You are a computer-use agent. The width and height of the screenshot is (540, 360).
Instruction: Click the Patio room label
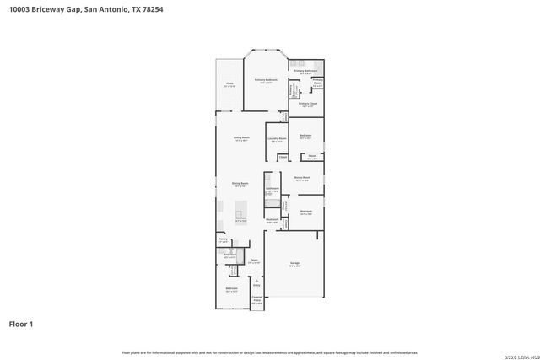click(229, 84)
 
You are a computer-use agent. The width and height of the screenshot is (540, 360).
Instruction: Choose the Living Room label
click(241, 138)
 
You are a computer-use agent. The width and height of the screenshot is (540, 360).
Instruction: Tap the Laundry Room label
click(277, 138)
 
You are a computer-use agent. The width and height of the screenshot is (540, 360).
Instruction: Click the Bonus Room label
click(302, 179)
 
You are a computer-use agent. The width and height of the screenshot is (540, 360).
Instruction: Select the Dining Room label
click(240, 184)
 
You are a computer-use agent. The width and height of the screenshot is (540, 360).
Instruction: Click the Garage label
click(295, 264)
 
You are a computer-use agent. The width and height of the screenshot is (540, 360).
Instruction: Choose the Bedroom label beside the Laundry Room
click(305, 136)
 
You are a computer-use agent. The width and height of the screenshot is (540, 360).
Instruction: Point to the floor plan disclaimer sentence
click(269, 352)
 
